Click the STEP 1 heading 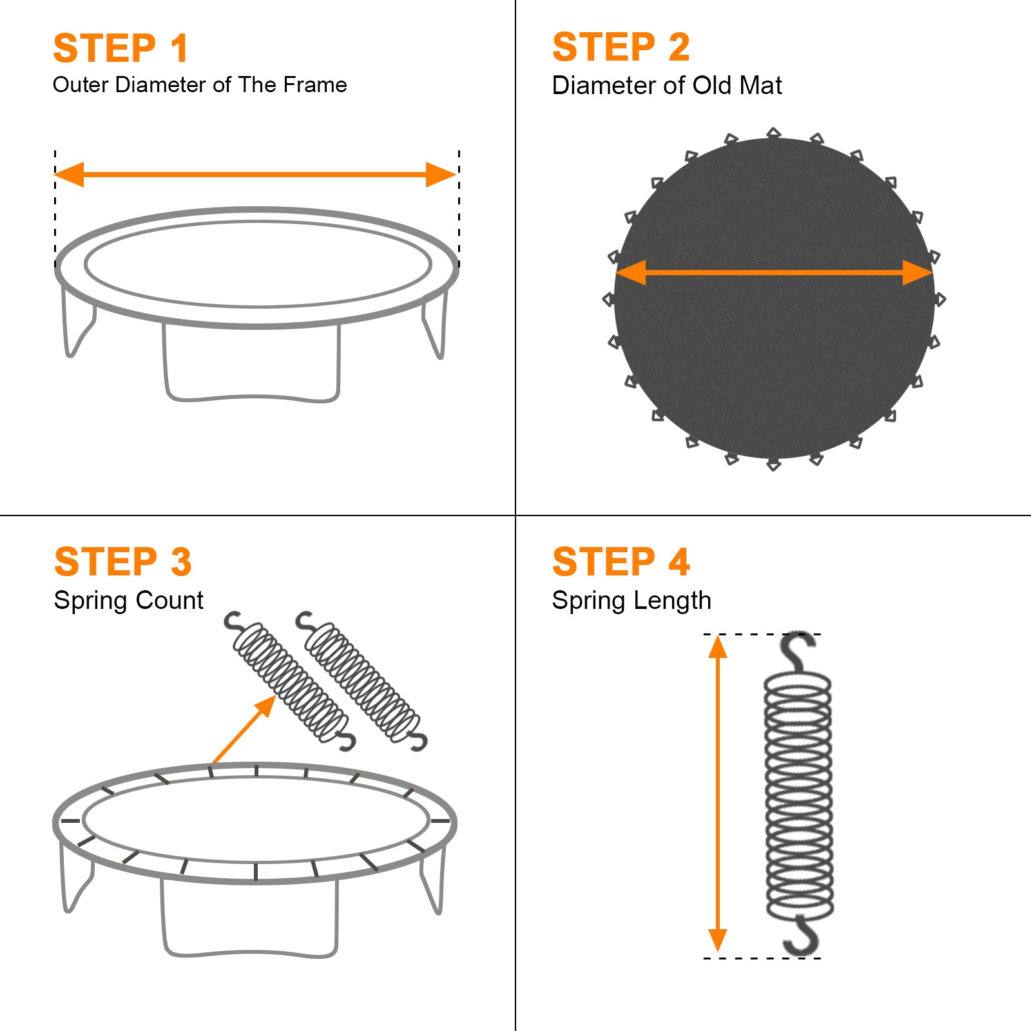pyautogui.click(x=120, y=48)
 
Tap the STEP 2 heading pyautogui.click(x=621, y=47)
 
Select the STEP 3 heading pyautogui.click(x=123, y=562)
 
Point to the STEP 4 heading pyautogui.click(x=621, y=561)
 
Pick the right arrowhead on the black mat pyautogui.click(x=918, y=273)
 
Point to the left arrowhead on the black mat pyautogui.click(x=631, y=273)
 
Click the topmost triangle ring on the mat pyautogui.click(x=774, y=133)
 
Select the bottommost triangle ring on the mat pyautogui.click(x=774, y=464)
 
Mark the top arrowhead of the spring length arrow pyautogui.click(x=718, y=646)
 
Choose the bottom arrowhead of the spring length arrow pyautogui.click(x=718, y=941)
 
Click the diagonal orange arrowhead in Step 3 pyautogui.click(x=265, y=706)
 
